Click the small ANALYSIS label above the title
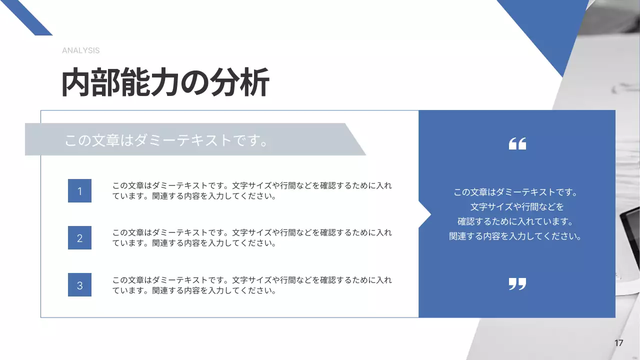click(x=80, y=50)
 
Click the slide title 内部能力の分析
click(x=165, y=82)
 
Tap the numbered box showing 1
click(x=79, y=191)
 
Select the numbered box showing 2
click(x=79, y=238)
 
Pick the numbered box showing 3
click(x=79, y=285)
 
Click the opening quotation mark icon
click(x=517, y=144)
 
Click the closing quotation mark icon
click(x=517, y=284)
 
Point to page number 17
click(x=618, y=343)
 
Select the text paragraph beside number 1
click(x=252, y=191)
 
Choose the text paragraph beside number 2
click(x=252, y=238)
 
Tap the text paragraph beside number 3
click(x=252, y=285)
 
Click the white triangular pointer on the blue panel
click(x=424, y=215)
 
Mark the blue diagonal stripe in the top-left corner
click(x=27, y=17)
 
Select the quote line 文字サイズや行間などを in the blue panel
click(x=516, y=207)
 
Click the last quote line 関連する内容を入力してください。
click(x=515, y=236)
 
